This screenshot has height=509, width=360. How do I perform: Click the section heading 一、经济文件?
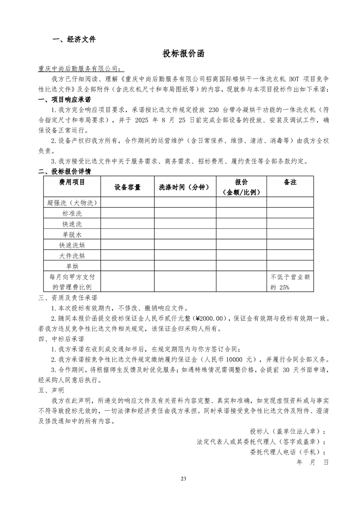pyautogui.click(x=74, y=39)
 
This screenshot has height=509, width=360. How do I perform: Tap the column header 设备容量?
pyautogui.click(x=127, y=187)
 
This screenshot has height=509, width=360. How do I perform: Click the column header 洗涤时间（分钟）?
pyautogui.click(x=185, y=187)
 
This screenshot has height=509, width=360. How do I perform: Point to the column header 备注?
pyautogui.click(x=290, y=182)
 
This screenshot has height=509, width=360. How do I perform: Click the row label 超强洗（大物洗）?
pyautogui.click(x=72, y=202)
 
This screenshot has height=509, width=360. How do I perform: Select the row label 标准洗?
pyautogui.click(x=72, y=213)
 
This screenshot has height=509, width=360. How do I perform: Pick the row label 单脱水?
pyautogui.click(x=72, y=235)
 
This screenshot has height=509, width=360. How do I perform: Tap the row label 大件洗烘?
pyautogui.click(x=72, y=255)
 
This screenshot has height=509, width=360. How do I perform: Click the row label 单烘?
pyautogui.click(x=72, y=266)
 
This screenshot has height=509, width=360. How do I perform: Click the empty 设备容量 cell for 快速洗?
pyautogui.click(x=127, y=224)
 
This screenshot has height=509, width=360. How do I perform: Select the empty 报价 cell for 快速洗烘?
pyautogui.click(x=241, y=245)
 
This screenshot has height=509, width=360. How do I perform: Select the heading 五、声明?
pyautogui.click(x=52, y=390)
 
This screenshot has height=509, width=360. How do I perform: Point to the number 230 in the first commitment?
pyautogui.click(x=214, y=110)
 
